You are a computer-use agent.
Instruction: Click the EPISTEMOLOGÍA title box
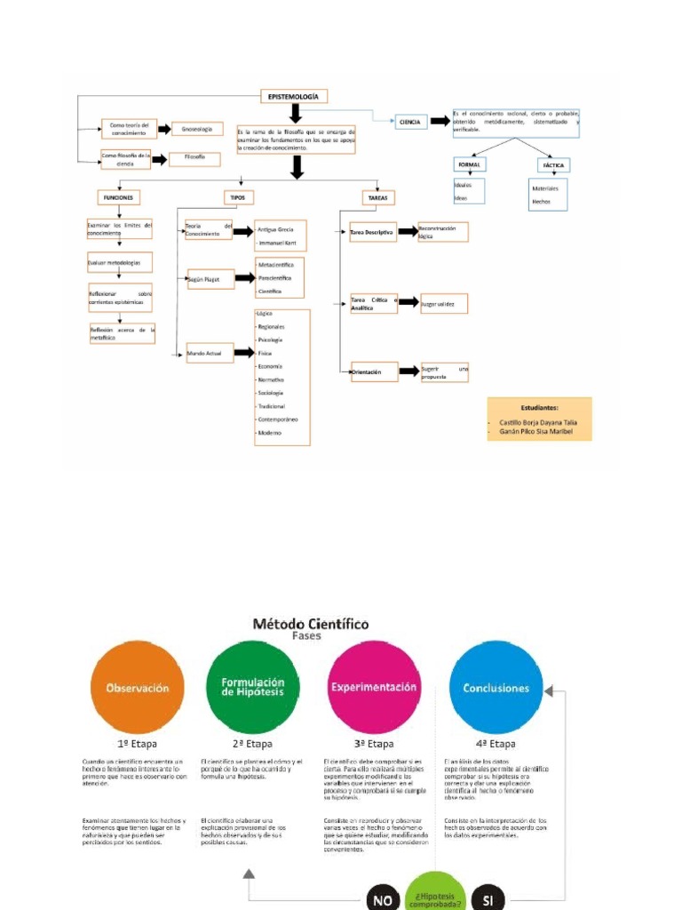point(294,96)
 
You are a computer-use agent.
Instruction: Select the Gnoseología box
point(197,129)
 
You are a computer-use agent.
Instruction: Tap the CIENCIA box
point(409,122)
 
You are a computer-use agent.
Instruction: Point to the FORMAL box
point(469,166)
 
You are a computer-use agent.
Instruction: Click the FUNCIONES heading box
point(118,197)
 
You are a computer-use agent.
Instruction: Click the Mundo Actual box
point(209,354)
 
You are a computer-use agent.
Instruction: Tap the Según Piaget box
point(210,278)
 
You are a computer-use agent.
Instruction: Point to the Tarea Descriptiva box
point(372,232)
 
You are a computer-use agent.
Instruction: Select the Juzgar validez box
point(443,304)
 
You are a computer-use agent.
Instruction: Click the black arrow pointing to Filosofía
point(160,160)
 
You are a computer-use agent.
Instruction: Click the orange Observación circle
point(138,687)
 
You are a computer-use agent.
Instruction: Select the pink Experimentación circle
point(374,687)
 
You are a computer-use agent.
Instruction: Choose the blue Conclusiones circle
point(496,687)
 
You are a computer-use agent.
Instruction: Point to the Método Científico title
point(313,624)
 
